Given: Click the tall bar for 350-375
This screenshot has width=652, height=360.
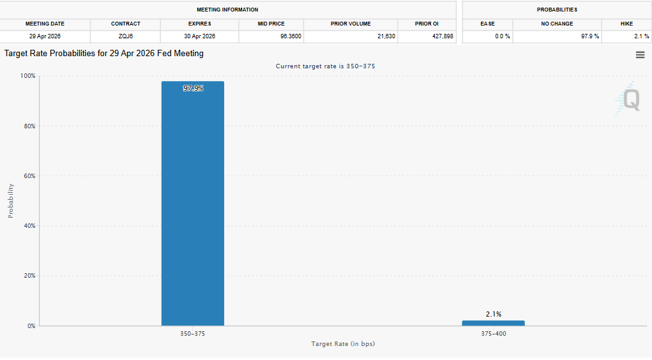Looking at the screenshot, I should coord(192,204).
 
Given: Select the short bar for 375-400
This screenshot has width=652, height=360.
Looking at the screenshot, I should coord(493,323).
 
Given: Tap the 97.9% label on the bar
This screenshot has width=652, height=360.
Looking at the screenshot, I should coord(193,89).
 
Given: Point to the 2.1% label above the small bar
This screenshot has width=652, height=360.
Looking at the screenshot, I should coord(494,314).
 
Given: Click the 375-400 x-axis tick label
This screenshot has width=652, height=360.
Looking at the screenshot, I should coord(494,334).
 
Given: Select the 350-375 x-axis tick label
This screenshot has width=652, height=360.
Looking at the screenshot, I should coord(193,334).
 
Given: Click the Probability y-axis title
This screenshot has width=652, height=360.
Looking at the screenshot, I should coord(11,201).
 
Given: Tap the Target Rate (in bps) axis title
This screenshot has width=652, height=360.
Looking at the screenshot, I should coord(343,344).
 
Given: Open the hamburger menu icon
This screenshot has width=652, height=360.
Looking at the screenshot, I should coord(640,55).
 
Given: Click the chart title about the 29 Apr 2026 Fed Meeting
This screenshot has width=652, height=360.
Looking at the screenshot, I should coord(104,54).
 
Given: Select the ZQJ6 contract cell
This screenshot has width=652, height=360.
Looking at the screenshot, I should coord(125,36).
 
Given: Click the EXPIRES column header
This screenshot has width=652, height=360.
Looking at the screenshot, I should coord(199,24).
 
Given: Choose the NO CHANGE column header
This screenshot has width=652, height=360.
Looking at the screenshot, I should coord(557,24).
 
